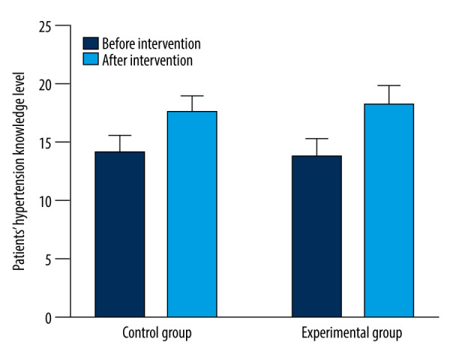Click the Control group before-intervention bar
[x=120, y=234]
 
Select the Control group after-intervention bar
[x=192, y=214]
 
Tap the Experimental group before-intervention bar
[x=316, y=236]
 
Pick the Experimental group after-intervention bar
[x=388, y=211]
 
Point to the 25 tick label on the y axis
[x=45, y=27]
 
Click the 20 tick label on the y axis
[x=45, y=85]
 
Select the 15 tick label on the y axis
[x=45, y=143]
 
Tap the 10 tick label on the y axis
[x=45, y=202]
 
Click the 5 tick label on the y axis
[x=48, y=260]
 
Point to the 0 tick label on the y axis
[x=48, y=318]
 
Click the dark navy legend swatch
[x=91, y=43]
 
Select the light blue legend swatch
[x=91, y=58]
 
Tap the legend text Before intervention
[x=151, y=44]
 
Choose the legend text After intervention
[x=147, y=60]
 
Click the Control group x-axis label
[x=157, y=333]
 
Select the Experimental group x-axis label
[x=352, y=333]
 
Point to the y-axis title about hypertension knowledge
[x=19, y=172]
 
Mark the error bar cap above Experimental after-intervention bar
[x=388, y=85]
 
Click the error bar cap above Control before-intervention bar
[x=120, y=135]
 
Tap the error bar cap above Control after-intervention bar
[x=192, y=96]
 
